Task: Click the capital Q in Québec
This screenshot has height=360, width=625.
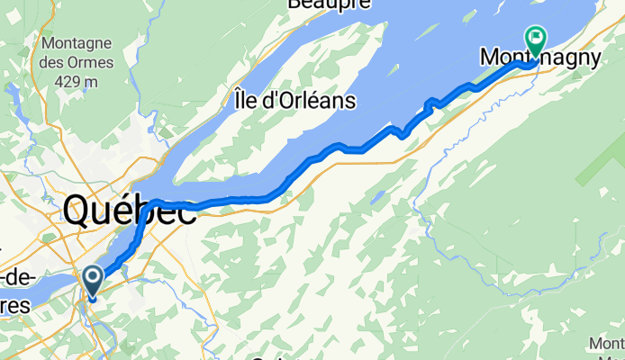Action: click(x=80, y=212)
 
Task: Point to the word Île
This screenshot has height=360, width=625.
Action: click(x=244, y=98)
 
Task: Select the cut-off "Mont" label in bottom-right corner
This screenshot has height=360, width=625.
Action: click(x=606, y=344)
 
